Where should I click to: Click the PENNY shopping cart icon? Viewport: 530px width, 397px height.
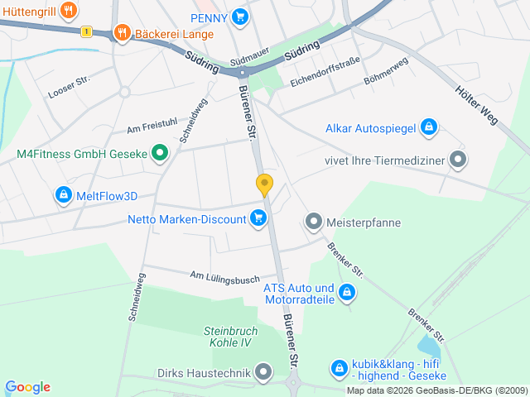click(240, 17)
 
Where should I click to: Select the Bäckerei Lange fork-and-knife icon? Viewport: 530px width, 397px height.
click(122, 33)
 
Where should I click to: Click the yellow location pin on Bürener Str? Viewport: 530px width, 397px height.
click(264, 184)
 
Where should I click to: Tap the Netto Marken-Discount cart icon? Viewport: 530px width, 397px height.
click(259, 218)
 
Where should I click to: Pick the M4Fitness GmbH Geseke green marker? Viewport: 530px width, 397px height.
click(161, 154)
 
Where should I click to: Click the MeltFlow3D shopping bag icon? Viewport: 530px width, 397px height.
click(63, 196)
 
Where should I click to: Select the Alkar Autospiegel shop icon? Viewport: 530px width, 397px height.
click(428, 127)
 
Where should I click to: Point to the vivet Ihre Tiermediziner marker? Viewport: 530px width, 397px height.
click(457, 160)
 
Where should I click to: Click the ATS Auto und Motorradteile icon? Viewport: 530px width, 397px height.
click(348, 293)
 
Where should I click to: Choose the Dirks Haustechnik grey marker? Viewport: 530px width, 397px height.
click(263, 373)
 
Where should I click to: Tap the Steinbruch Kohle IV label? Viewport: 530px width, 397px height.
click(231, 337)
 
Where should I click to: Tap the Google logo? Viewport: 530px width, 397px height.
click(27, 387)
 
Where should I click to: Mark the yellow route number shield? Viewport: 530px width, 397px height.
click(86, 31)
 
